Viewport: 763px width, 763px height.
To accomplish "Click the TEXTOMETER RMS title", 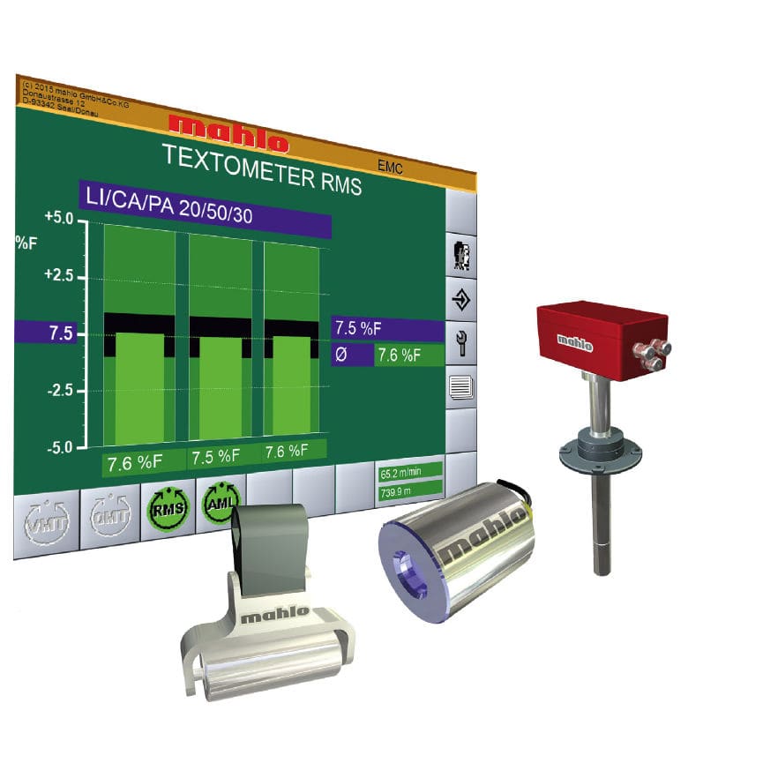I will click(x=262, y=167).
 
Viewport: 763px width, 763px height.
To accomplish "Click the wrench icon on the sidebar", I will click(x=461, y=342).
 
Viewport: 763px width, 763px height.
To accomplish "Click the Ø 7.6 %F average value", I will click(x=398, y=355).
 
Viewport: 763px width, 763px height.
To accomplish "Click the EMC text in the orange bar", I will click(x=388, y=167).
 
